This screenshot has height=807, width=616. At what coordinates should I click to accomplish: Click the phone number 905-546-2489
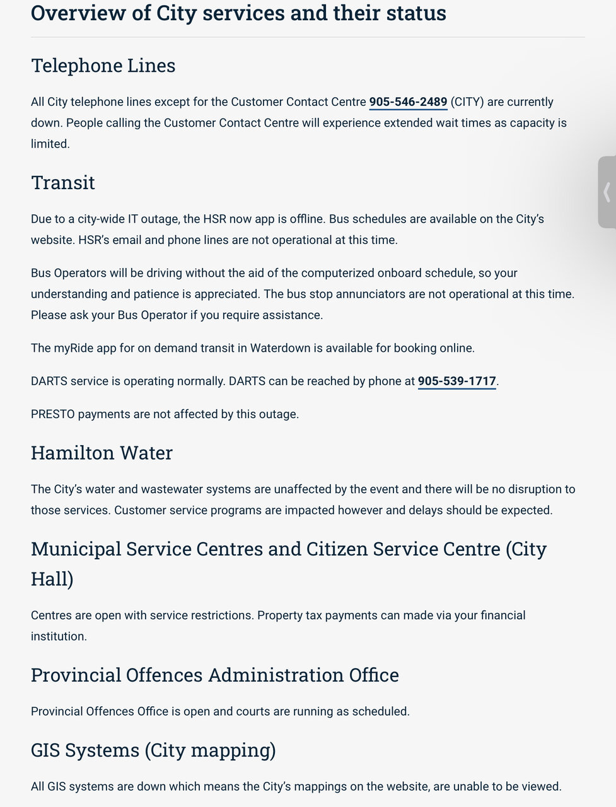pyautogui.click(x=408, y=102)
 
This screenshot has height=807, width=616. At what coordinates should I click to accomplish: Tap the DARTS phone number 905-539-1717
pyautogui.click(x=456, y=381)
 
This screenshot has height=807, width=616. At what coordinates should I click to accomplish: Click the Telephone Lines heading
pyautogui.click(x=103, y=66)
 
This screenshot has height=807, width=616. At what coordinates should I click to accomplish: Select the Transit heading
pyautogui.click(x=63, y=183)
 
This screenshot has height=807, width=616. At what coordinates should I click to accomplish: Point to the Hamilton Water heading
pyautogui.click(x=102, y=453)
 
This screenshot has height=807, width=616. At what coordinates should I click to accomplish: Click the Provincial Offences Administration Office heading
pyautogui.click(x=214, y=675)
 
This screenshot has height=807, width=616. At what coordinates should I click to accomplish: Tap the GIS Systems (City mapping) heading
pyautogui.click(x=153, y=750)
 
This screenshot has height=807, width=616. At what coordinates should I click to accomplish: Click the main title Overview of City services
pyautogui.click(x=238, y=13)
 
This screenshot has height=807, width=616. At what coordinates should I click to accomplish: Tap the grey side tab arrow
pyautogui.click(x=607, y=192)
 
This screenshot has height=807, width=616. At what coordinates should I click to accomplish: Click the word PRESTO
pyautogui.click(x=52, y=414)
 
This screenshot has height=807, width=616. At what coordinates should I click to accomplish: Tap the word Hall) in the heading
pyautogui.click(x=52, y=579)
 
